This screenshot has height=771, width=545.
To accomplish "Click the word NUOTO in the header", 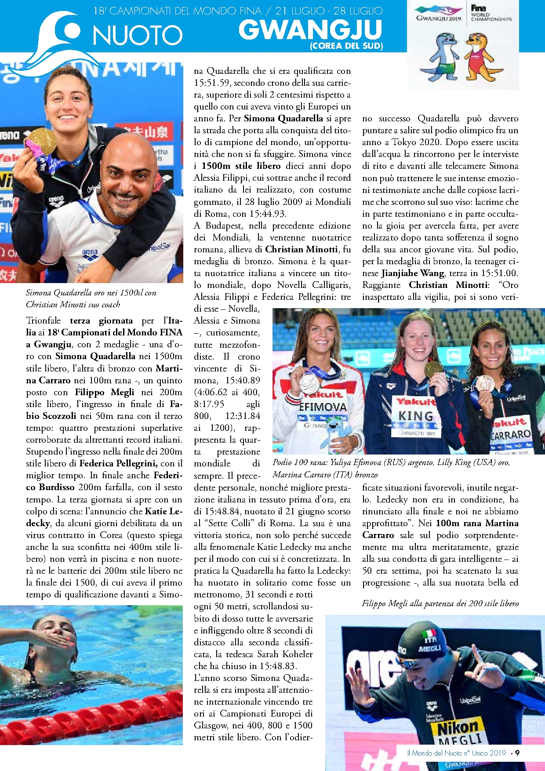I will (x=138, y=35).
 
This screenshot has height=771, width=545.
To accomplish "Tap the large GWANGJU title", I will (x=310, y=30).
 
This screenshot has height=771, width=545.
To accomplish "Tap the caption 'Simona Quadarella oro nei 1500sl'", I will (x=91, y=293).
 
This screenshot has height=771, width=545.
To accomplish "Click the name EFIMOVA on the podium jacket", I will (x=323, y=407).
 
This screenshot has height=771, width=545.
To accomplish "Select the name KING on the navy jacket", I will (x=416, y=415).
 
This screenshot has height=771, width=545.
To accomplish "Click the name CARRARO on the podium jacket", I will (x=510, y=435).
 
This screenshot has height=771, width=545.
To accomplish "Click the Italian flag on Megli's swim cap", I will (x=429, y=635).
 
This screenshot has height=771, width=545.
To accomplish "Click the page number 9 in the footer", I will (x=517, y=753).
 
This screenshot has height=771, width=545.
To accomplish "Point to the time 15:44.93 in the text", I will (x=268, y=214).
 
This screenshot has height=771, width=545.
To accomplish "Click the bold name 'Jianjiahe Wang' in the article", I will (x=413, y=273).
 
